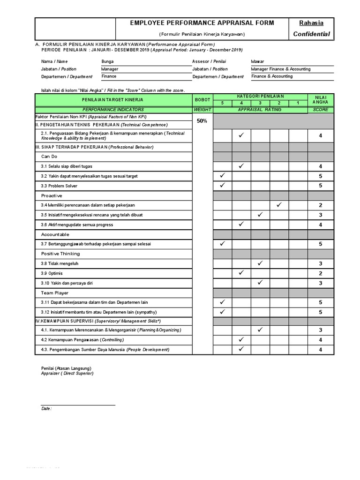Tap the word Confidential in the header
point(311,34)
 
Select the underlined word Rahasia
point(311,23)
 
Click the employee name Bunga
point(107,61)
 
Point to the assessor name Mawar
point(257,61)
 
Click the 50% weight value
point(202,120)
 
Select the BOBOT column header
point(202,99)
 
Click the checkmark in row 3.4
point(279,205)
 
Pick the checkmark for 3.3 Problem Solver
point(223,186)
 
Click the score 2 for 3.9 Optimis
point(320,273)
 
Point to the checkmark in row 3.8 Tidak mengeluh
point(260,263)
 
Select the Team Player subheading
point(55,292)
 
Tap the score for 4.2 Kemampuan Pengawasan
point(320,340)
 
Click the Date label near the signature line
point(46,409)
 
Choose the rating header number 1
point(298,103)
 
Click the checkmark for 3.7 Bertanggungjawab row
point(223,244)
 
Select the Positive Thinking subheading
point(60,254)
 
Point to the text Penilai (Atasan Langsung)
point(67,368)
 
